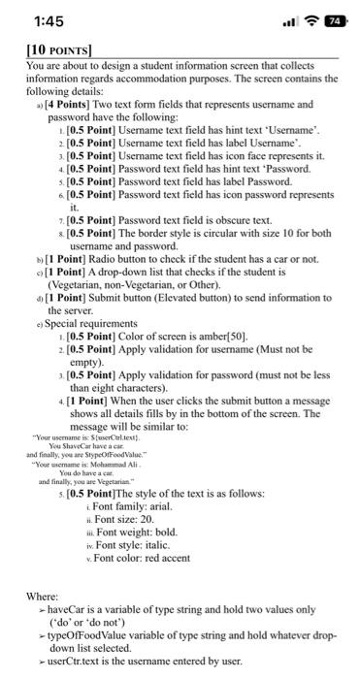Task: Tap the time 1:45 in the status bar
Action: pos(33,20)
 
